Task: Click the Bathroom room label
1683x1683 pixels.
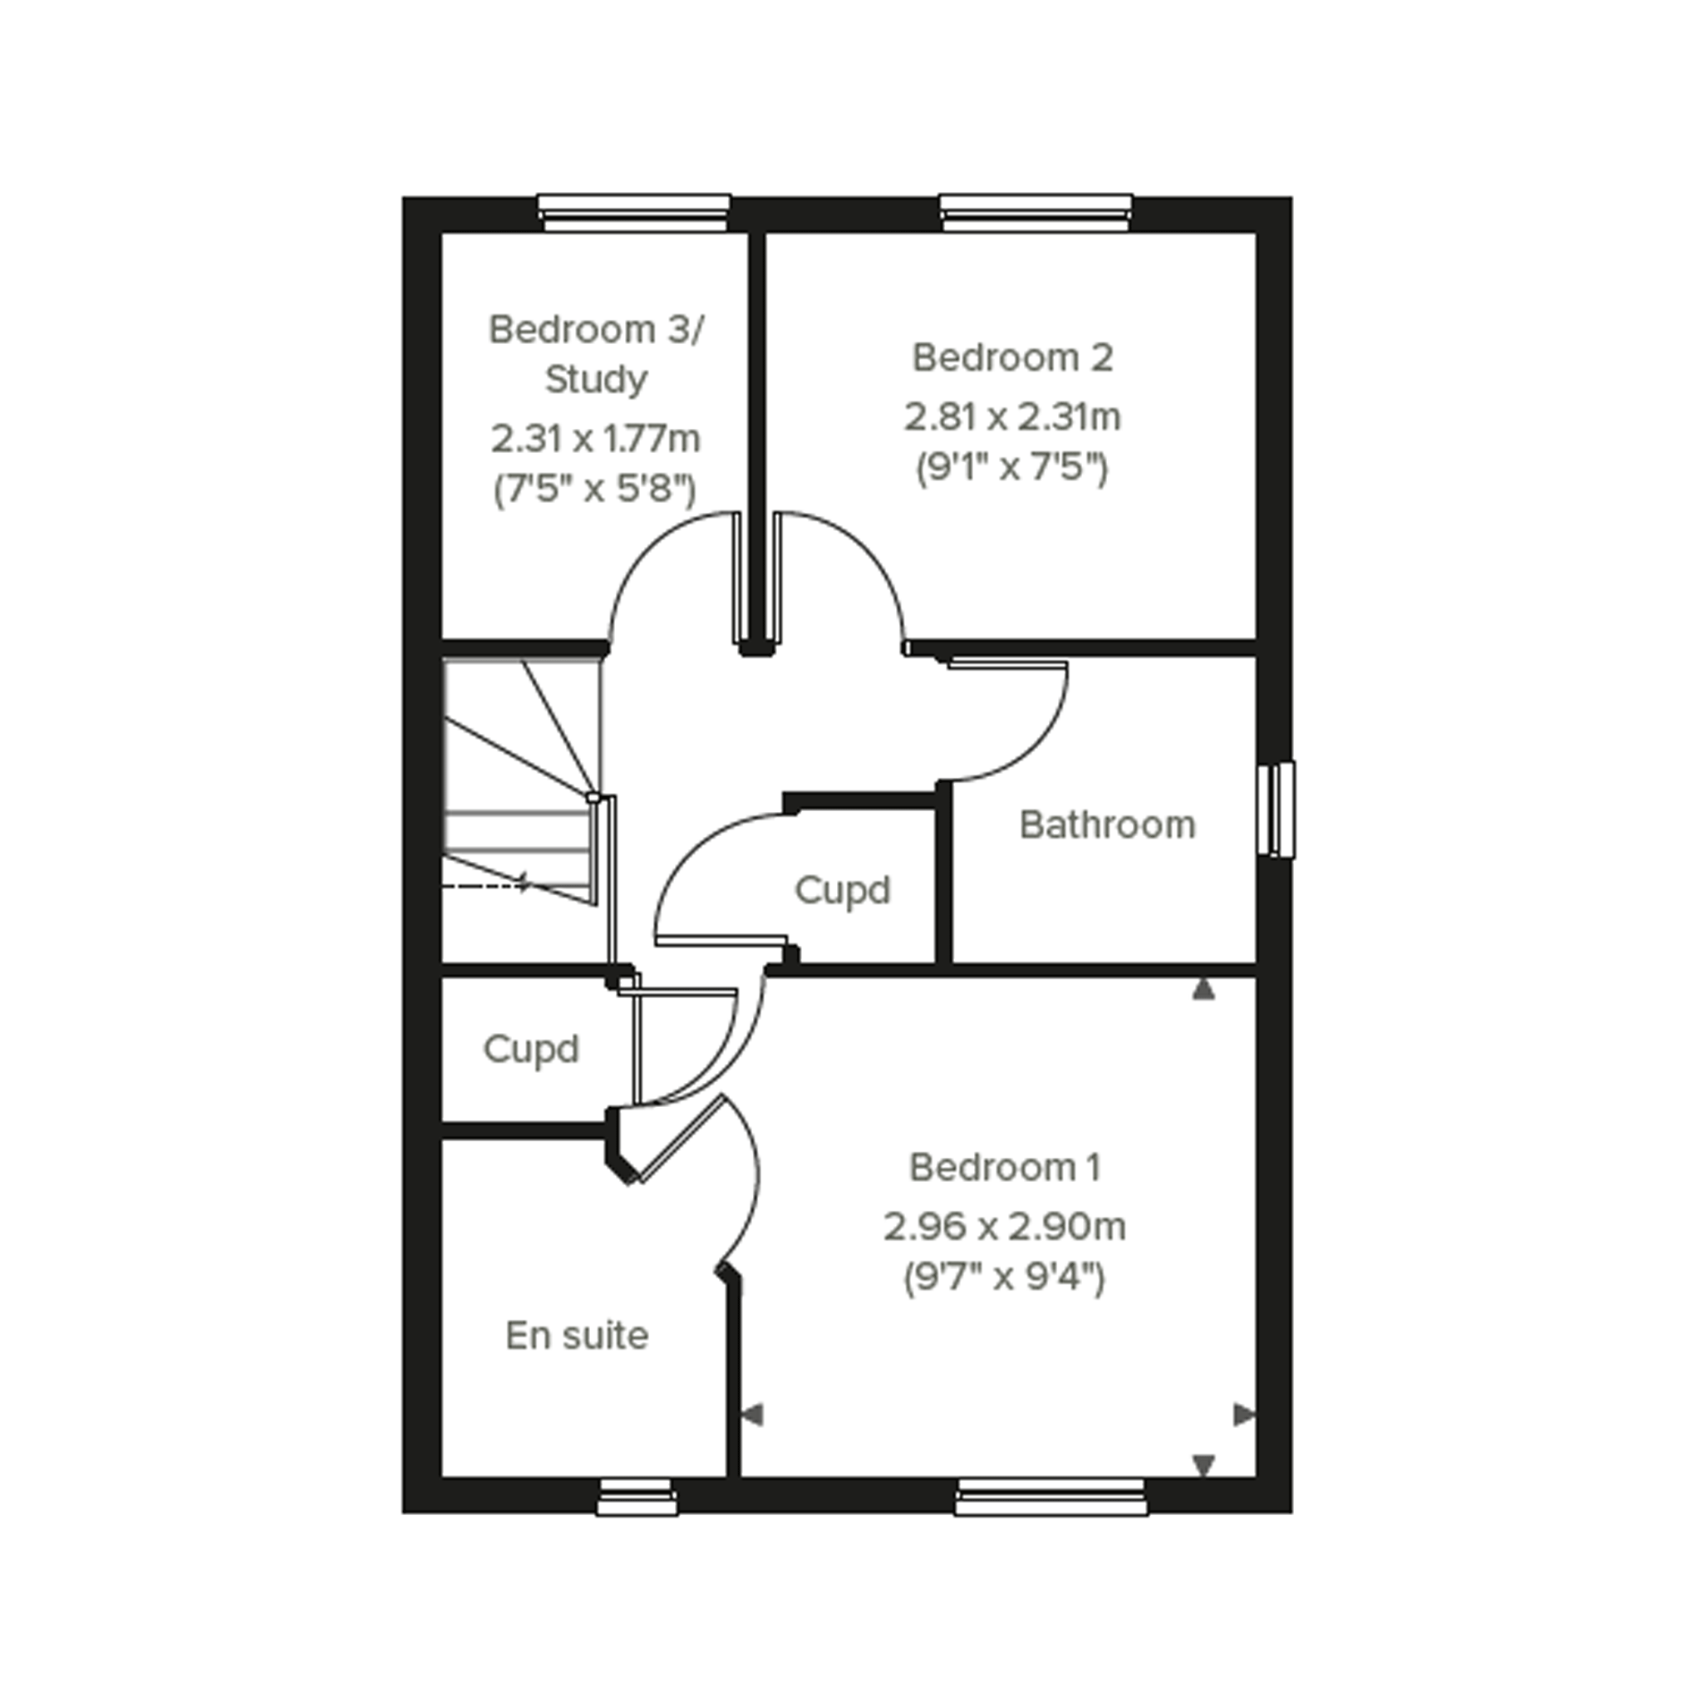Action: (1107, 825)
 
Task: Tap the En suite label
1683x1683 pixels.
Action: (577, 1336)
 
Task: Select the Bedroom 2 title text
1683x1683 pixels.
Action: (1012, 357)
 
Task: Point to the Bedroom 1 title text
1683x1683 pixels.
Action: (1006, 1168)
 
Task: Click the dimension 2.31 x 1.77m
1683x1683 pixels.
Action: (596, 438)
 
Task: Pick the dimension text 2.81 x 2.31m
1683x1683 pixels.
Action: (1012, 416)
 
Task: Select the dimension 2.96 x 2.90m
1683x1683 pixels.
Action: (1006, 1227)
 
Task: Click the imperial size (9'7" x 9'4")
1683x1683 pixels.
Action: (1005, 1278)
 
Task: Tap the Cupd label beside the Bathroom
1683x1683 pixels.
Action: (843, 890)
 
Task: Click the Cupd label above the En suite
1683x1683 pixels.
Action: (530, 1049)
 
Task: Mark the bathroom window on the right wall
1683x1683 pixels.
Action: (1277, 810)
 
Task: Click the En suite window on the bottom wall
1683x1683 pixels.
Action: (637, 1496)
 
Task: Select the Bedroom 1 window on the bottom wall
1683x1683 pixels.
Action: (1051, 1496)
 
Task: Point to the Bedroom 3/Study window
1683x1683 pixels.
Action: (633, 213)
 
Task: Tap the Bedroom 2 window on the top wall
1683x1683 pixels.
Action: (1036, 213)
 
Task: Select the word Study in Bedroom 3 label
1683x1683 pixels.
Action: (596, 380)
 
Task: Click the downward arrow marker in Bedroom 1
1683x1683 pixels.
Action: (1203, 1465)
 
